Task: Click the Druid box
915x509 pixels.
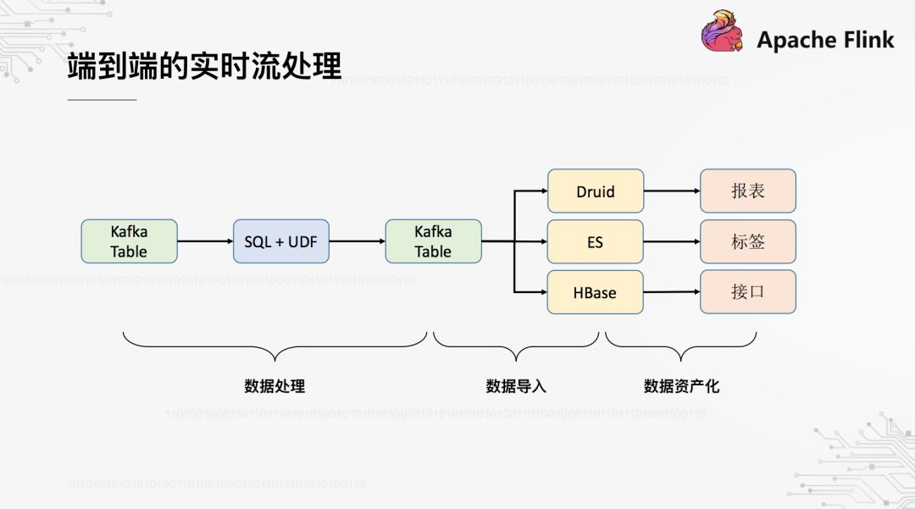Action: coord(596,191)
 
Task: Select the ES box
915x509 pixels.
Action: coord(596,241)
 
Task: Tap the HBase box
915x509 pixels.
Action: coord(596,292)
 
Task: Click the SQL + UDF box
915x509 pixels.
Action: coord(280,241)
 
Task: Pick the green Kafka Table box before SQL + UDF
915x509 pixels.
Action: coord(129,241)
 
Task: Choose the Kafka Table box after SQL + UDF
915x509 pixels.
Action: coord(433,241)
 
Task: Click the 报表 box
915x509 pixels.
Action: coord(748,191)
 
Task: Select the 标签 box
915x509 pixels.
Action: coord(748,241)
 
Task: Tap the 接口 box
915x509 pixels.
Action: coord(748,292)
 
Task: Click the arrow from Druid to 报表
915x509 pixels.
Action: coord(672,191)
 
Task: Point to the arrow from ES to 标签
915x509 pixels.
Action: coord(672,241)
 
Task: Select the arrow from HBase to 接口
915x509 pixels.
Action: coord(672,292)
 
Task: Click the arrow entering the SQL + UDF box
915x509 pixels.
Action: coord(205,241)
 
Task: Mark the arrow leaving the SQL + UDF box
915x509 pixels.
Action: coord(357,241)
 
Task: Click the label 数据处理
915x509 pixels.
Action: coord(274,386)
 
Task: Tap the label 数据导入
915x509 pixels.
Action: coord(516,386)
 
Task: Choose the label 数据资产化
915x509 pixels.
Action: coord(681,386)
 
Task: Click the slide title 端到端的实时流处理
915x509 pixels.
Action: coord(204,67)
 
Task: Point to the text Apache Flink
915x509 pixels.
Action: coord(825,40)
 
